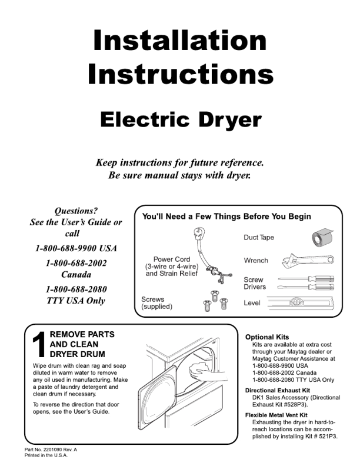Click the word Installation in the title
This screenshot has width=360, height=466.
(180, 40)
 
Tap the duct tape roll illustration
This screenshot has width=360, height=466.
(322, 238)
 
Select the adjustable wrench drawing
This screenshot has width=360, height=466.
(308, 261)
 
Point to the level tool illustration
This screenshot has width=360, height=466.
(301, 303)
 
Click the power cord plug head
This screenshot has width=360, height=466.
(199, 234)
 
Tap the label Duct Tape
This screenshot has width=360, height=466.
(259, 238)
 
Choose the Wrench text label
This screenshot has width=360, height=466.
(256, 261)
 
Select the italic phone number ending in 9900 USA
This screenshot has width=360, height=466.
(76, 248)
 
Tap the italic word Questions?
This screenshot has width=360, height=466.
(76, 211)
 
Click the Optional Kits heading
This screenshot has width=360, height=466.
(267, 337)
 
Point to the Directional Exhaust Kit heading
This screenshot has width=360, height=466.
(278, 390)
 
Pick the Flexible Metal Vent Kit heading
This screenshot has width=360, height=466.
(276, 415)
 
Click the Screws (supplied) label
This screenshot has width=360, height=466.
(157, 303)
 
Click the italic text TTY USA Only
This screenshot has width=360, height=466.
(76, 301)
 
